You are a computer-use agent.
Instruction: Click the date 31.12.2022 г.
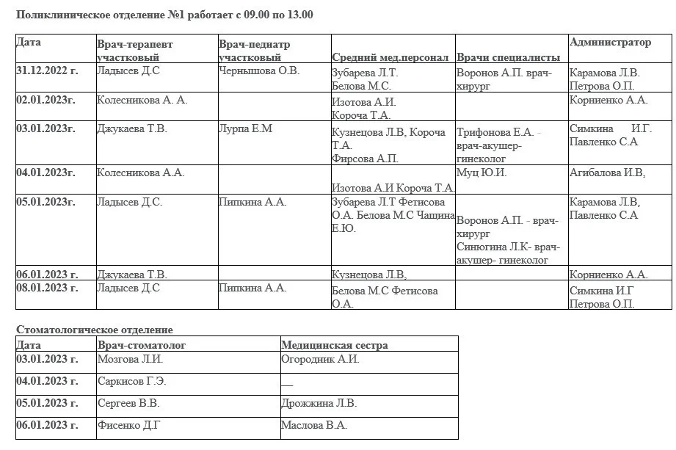tap(46, 71)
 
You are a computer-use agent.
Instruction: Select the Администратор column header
tap(610, 43)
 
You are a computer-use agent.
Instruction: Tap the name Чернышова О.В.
tap(259, 71)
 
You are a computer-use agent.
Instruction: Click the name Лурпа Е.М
tap(245, 129)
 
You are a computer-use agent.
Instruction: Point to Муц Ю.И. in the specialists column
tap(481, 173)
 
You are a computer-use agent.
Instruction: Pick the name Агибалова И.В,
tap(607, 173)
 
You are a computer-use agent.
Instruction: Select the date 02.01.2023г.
tap(46, 100)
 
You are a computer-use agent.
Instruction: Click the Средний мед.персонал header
tap(390, 57)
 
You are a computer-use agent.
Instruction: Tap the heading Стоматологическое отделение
tap(94, 330)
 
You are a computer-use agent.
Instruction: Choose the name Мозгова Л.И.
tap(130, 360)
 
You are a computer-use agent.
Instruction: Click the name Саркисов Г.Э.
tap(131, 382)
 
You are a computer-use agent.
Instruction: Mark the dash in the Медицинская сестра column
tap(286, 382)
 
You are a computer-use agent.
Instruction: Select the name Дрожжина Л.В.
tap(319, 404)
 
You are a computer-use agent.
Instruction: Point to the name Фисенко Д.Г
tap(128, 425)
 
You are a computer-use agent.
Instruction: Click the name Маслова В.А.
tap(314, 425)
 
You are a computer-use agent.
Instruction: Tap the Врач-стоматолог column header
tap(142, 345)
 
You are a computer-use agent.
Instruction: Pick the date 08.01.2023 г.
tap(46, 288)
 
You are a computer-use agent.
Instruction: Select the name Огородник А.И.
tap(320, 360)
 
